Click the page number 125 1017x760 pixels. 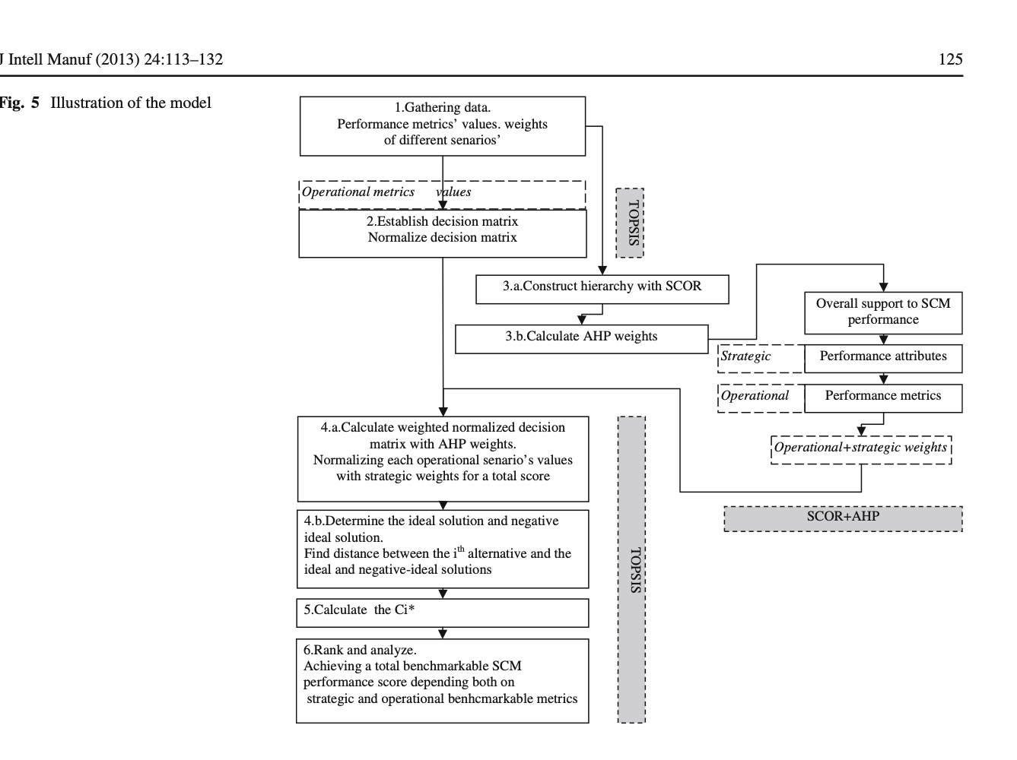[x=950, y=59]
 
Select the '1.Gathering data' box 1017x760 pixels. [x=443, y=125]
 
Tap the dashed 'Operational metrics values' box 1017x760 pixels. [x=442, y=193]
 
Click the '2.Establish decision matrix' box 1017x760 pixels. [x=443, y=233]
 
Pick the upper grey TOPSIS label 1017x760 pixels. [x=630, y=223]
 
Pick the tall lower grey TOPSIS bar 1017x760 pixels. [x=631, y=569]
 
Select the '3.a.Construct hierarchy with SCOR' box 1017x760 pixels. [x=602, y=289]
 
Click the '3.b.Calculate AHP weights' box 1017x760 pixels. [x=581, y=339]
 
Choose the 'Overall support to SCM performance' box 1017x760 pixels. [x=882, y=312]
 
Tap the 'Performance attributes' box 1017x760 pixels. [x=882, y=358]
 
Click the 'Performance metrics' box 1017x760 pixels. [x=882, y=397]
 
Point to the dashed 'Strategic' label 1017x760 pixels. [x=760, y=358]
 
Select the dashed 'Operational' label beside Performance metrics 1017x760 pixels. [x=760, y=397]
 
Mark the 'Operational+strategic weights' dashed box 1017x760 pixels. [x=861, y=449]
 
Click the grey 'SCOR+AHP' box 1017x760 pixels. [x=843, y=518]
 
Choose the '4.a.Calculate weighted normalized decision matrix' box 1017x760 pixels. [x=443, y=458]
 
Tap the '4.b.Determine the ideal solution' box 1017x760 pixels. [x=443, y=549]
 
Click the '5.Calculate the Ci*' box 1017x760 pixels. [x=443, y=613]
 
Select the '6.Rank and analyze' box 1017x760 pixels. [x=443, y=680]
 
